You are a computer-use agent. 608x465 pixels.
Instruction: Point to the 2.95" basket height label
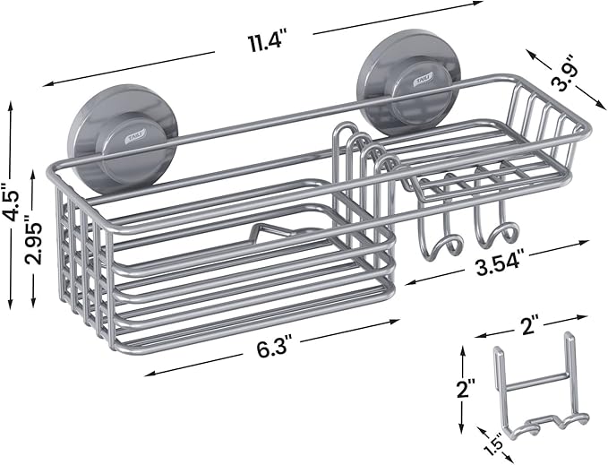coord(35,243)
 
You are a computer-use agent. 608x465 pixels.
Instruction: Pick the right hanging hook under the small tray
coord(495,235)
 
